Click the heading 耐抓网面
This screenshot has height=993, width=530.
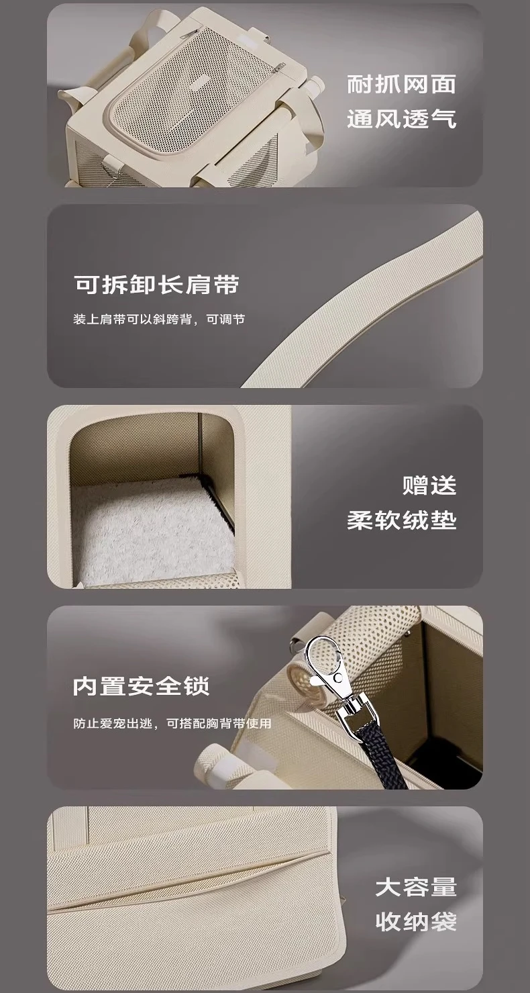pos(401,84)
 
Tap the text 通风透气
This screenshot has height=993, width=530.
pos(401,119)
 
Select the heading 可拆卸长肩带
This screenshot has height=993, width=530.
pos(156,285)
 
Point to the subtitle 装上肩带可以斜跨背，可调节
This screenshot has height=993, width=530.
pos(159,319)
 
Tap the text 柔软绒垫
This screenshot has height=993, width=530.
pos(401,520)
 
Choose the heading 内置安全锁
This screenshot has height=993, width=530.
pos(142,685)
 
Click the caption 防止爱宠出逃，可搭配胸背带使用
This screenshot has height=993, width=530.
pos(172,724)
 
